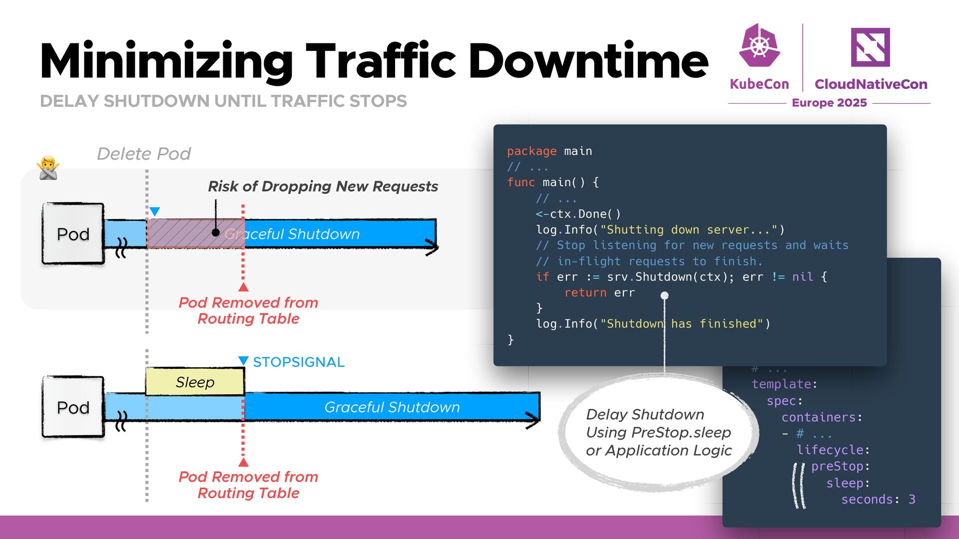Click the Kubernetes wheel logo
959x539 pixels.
[x=759, y=46]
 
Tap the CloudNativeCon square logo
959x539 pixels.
[x=870, y=47]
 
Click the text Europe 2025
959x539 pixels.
[x=829, y=103]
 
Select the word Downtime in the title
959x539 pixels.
[x=588, y=61]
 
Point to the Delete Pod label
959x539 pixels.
[x=144, y=154]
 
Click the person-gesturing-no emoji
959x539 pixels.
[x=48, y=168]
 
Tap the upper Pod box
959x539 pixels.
[x=73, y=234]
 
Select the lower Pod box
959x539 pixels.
[x=73, y=407]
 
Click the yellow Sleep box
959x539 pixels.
[x=195, y=382]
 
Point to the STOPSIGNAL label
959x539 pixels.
[x=299, y=362]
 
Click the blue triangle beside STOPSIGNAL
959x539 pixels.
[x=243, y=360]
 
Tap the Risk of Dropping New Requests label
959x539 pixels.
[x=323, y=186]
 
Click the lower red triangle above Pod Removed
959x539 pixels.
[x=243, y=462]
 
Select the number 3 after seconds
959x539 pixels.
[x=912, y=500]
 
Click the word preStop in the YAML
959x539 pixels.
[x=837, y=466]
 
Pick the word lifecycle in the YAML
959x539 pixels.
[x=830, y=450]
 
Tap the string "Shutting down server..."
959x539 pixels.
[x=689, y=230]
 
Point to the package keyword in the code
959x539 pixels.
[x=531, y=151]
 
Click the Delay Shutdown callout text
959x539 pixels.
[x=658, y=432]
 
